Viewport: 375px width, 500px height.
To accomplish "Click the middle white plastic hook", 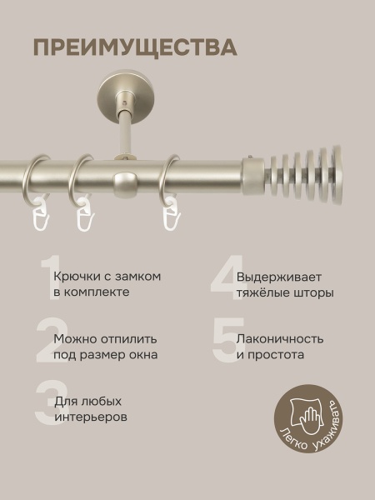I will point(83,219).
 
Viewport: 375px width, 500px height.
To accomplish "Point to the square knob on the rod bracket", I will point(125,181).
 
